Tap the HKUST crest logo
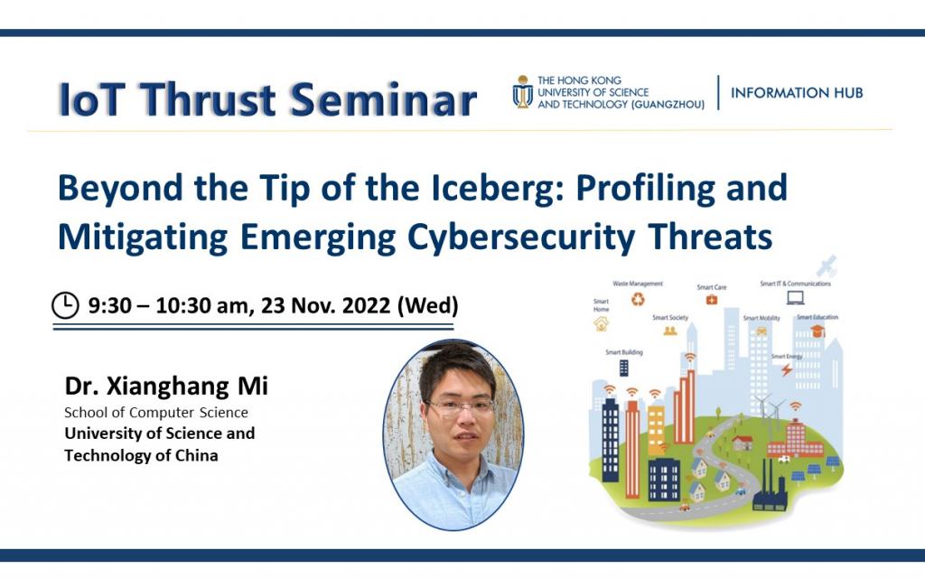(x=522, y=91)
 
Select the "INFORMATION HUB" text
(x=796, y=92)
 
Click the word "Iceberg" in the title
(x=474, y=188)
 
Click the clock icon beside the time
(x=65, y=305)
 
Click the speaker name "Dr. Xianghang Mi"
(x=166, y=387)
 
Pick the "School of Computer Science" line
(x=155, y=413)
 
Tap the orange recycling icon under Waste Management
(x=638, y=299)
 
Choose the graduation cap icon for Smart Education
(x=817, y=331)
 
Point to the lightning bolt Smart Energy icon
(x=786, y=369)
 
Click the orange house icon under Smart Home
(x=601, y=323)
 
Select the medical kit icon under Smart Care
(x=712, y=300)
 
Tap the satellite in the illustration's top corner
(x=827, y=266)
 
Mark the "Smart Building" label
(x=624, y=352)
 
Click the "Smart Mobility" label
(x=761, y=318)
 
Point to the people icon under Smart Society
(x=669, y=331)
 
